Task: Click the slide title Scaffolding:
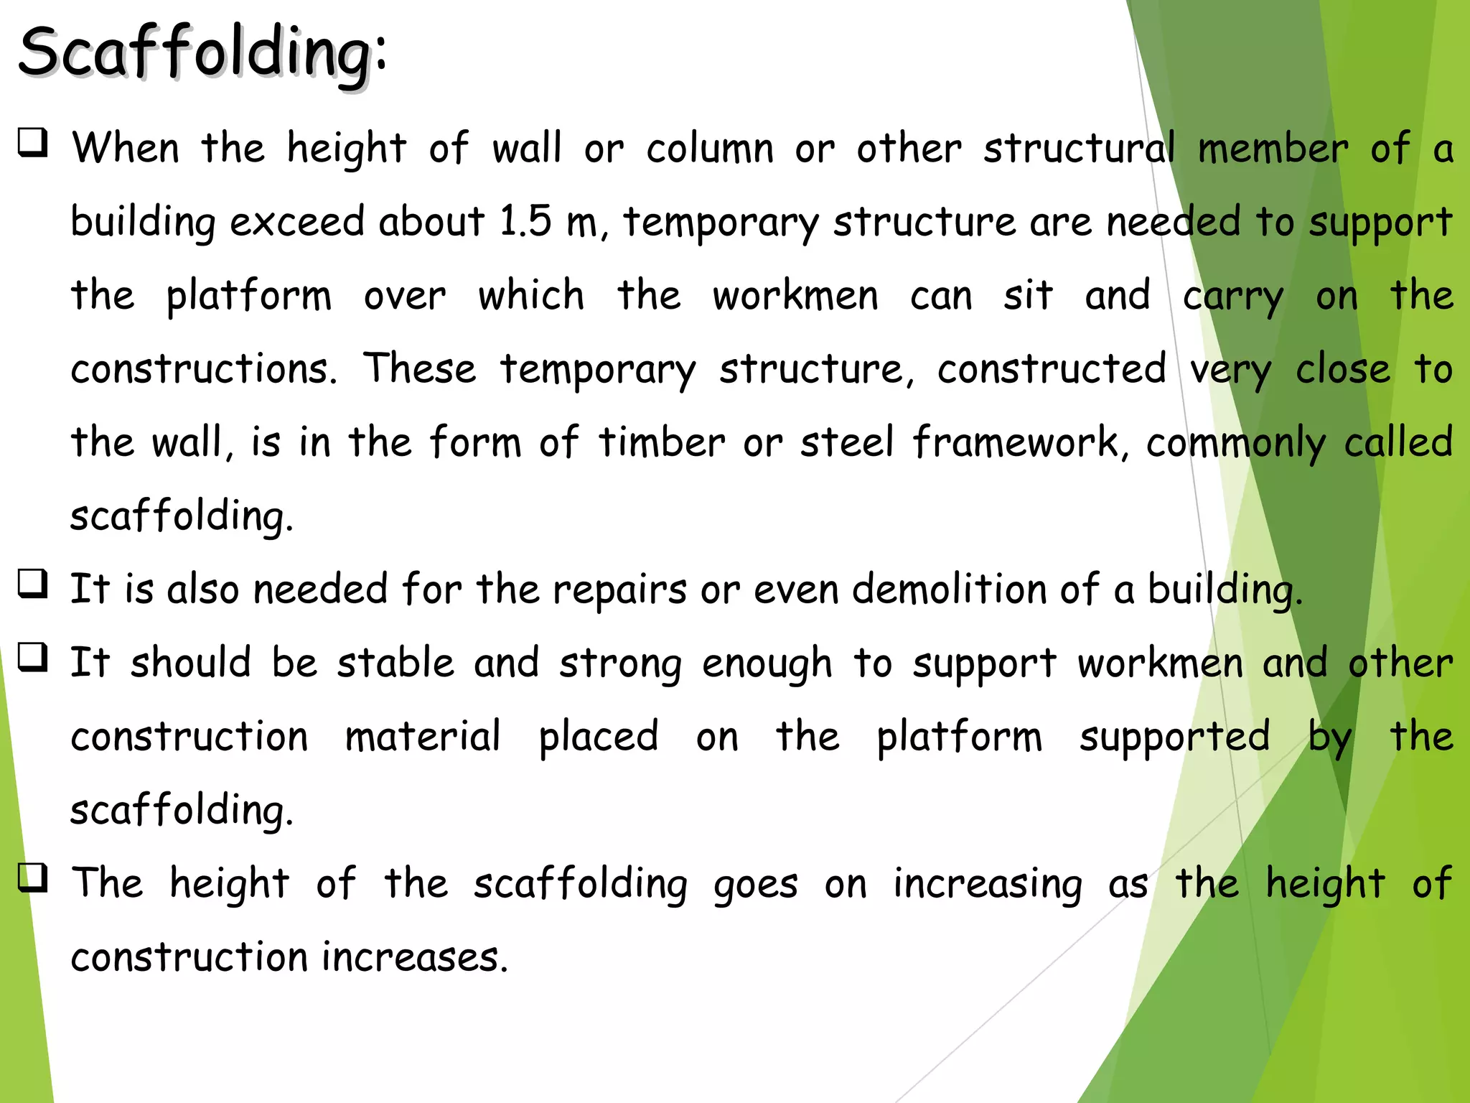202,52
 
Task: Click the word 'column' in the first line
710,149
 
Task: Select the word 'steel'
848,442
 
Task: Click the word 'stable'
395,662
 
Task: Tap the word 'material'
423,736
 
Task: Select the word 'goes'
755,885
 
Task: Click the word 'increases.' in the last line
415,957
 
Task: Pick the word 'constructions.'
204,369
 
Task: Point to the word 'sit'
1028,295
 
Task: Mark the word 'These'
420,368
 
